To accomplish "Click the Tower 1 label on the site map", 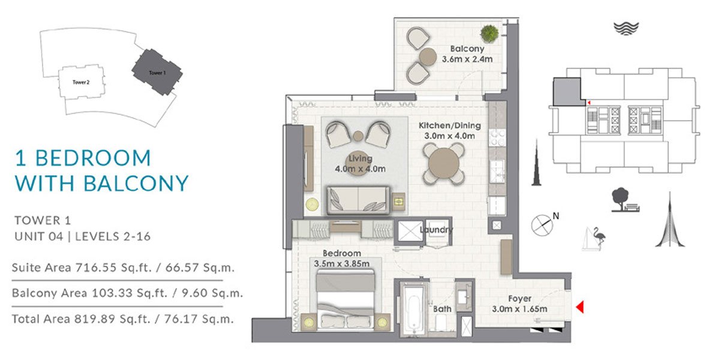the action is [x=157, y=73].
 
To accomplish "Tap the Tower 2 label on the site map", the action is [x=81, y=82].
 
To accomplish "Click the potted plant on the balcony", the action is [x=489, y=34].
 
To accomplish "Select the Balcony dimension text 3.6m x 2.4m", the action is [x=467, y=59].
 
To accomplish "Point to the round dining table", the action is [x=444, y=163].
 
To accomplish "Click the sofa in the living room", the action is [x=358, y=200].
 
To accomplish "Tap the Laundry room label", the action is [x=436, y=230].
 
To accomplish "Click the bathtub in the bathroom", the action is [x=413, y=310].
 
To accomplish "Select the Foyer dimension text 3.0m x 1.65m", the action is [x=519, y=309].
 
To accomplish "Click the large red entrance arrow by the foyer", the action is [x=580, y=307].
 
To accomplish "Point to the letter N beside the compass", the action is [x=555, y=216].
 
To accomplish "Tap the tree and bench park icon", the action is [x=625, y=200].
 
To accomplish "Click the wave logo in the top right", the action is [x=626, y=28].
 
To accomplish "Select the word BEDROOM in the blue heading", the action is [x=93, y=158].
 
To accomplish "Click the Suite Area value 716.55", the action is [x=95, y=268].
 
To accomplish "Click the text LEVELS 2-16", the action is [x=113, y=236].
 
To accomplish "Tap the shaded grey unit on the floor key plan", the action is [x=567, y=91].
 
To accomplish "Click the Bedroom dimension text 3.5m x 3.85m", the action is [x=342, y=263].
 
